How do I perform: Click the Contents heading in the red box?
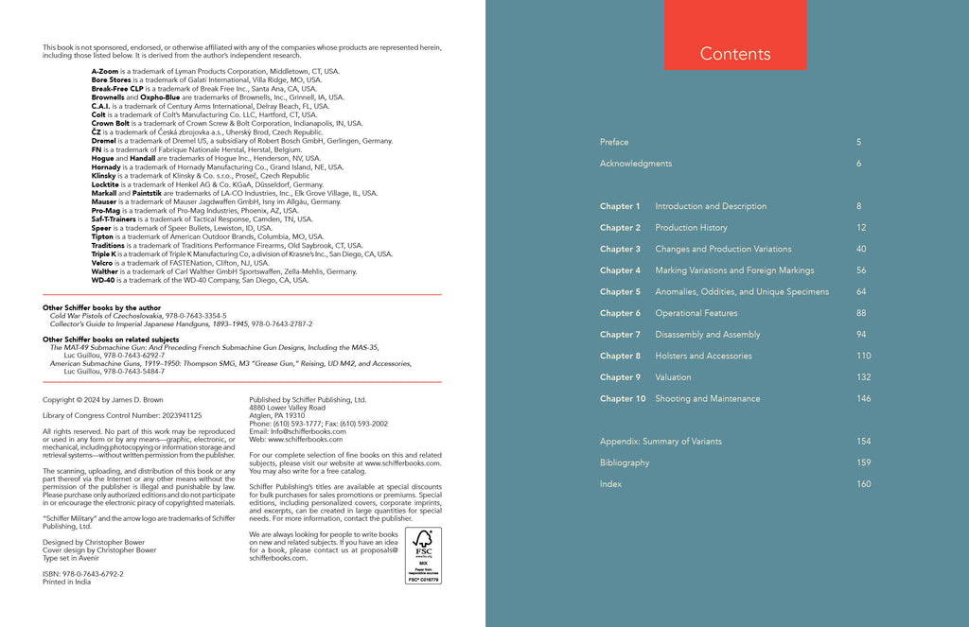[x=735, y=54]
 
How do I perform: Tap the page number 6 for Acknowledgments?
[x=858, y=164]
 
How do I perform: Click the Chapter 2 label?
[x=620, y=228]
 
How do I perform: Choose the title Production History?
[x=691, y=228]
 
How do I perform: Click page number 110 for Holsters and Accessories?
[x=863, y=356]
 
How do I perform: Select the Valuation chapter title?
[x=673, y=377]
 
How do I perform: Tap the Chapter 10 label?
[x=623, y=399]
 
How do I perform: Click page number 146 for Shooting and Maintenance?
[x=863, y=399]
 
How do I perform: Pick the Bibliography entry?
[x=625, y=463]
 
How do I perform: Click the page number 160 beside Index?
[x=863, y=484]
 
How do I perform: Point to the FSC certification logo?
[x=423, y=555]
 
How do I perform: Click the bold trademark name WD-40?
[x=103, y=280]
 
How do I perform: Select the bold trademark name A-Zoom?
[x=107, y=71]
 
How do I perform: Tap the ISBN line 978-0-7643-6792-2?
[x=83, y=573]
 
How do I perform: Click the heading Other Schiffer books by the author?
[x=105, y=308]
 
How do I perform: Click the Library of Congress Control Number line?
[x=123, y=415]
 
